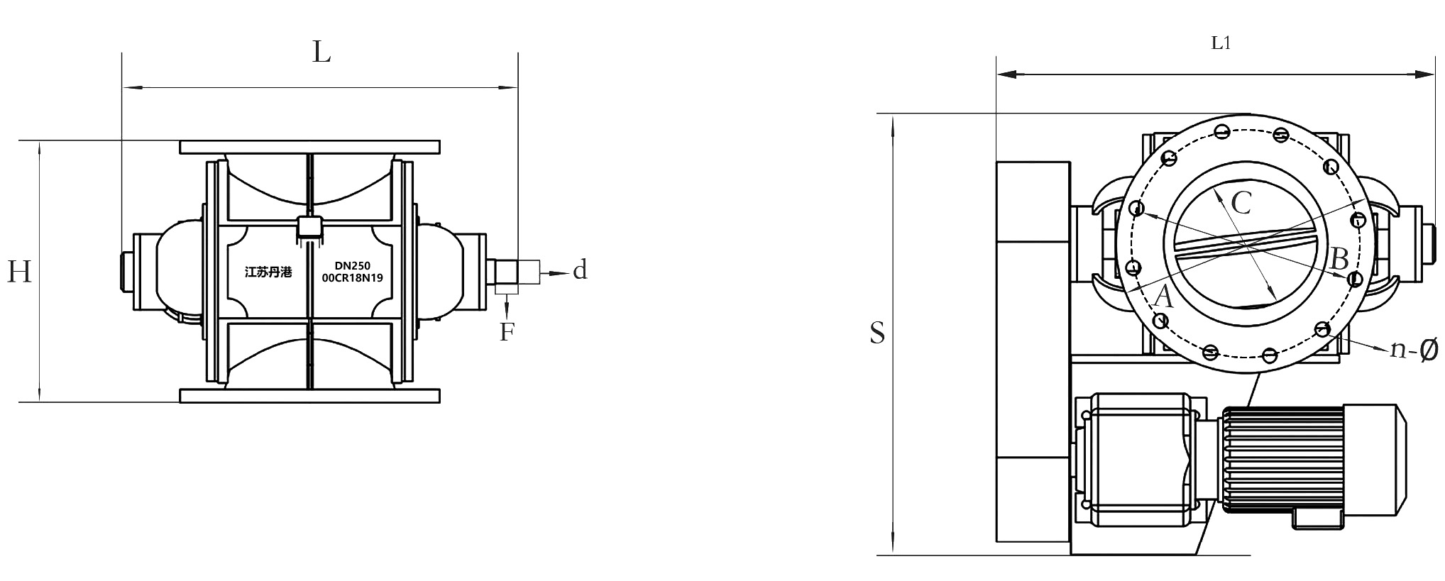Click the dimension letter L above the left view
tap(322, 52)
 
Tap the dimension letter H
tap(19, 272)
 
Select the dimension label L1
tap(1220, 43)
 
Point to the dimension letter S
tap(877, 333)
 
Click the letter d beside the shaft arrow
tap(580, 270)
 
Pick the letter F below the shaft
tap(506, 332)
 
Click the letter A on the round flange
tap(1163, 296)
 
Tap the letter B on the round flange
tap(1339, 260)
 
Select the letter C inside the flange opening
tap(1241, 204)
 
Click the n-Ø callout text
tap(1413, 349)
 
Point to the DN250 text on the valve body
tap(352, 266)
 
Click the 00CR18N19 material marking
tap(352, 278)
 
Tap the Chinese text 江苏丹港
tap(268, 272)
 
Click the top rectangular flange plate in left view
tap(309, 148)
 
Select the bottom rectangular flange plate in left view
tap(309, 396)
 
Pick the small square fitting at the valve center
tap(309, 227)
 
